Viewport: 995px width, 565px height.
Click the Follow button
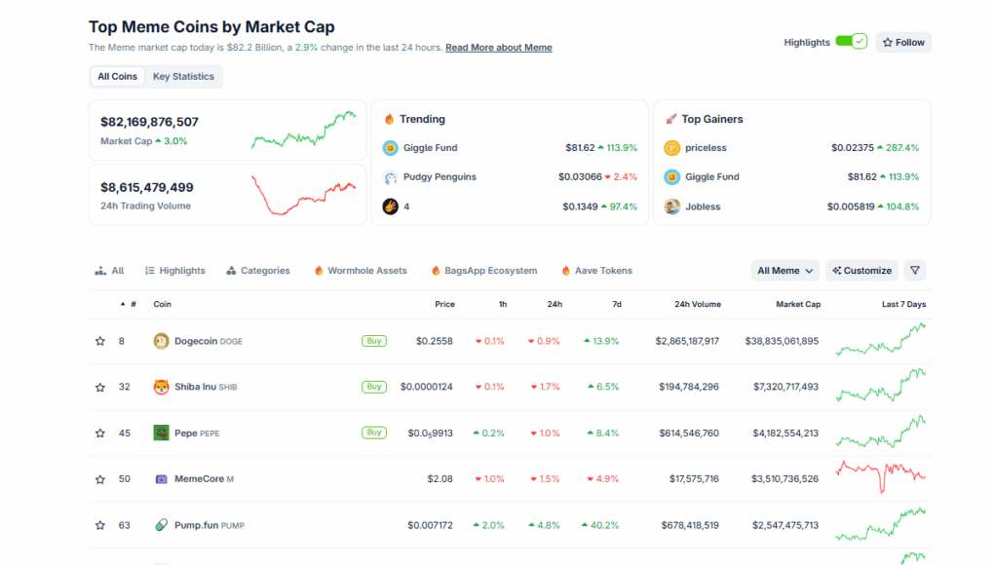tap(903, 42)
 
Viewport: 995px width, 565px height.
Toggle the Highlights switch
tap(851, 42)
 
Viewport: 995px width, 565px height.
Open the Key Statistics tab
tap(183, 76)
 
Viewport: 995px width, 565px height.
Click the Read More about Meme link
tap(498, 47)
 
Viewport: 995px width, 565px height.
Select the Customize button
tap(861, 271)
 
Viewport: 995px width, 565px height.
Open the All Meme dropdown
tap(785, 271)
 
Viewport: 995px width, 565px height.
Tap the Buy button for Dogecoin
tap(373, 341)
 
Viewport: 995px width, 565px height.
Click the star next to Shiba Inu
tap(99, 387)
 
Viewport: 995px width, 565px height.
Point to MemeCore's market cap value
tap(785, 478)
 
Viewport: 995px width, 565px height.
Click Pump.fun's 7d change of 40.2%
tap(600, 525)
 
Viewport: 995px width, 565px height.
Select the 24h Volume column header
tap(698, 304)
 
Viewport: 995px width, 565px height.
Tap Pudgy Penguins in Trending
tap(440, 177)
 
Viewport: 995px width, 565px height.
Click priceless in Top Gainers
tap(706, 148)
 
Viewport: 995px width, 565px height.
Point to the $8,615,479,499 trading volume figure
tap(147, 187)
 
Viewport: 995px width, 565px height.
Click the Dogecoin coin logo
tap(161, 341)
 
